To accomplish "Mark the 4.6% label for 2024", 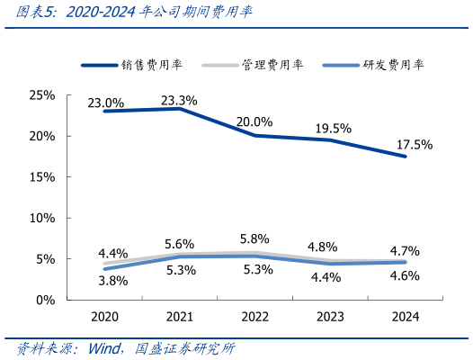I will (x=405, y=276).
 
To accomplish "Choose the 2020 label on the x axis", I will (x=104, y=318).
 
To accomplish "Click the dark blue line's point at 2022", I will (x=254, y=136).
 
